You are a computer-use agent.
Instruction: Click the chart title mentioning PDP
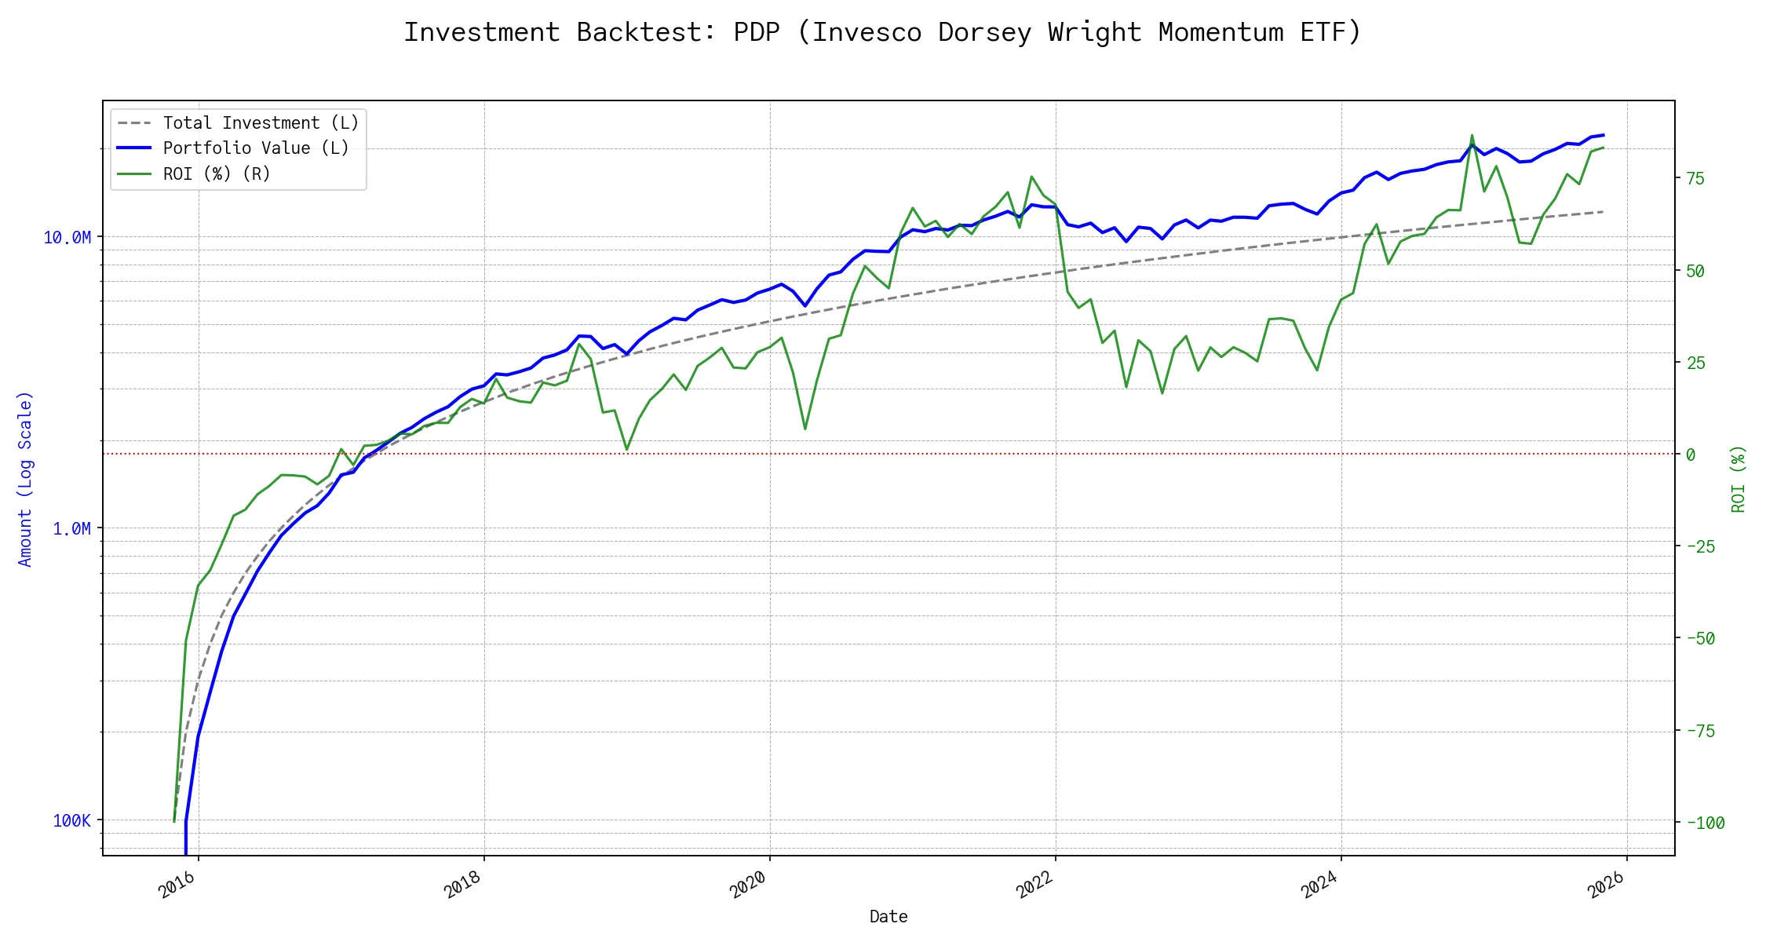[882, 32]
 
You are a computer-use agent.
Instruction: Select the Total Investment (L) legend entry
[260, 123]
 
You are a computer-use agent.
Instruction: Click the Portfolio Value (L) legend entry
[255, 148]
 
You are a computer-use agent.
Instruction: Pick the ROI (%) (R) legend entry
[216, 173]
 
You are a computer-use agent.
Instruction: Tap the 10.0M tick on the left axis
[67, 237]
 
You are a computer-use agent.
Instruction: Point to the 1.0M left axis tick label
[71, 529]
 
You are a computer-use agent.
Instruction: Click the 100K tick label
[71, 821]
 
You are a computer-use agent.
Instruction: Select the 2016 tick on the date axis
[177, 886]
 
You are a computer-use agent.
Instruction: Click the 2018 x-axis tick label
[462, 886]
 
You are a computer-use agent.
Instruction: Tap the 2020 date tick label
[748, 886]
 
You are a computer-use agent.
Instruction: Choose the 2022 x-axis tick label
[1034, 886]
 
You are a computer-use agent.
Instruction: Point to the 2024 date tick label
[1319, 886]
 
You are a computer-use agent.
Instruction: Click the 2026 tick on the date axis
[1605, 886]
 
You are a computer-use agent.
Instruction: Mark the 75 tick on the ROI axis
[1695, 178]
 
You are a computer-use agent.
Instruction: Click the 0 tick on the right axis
[1691, 455]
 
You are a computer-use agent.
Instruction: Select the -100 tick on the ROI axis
[1705, 823]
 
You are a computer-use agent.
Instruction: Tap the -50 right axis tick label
[1700, 638]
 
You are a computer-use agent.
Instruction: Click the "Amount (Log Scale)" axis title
[25, 479]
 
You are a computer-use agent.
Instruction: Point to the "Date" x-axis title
[888, 917]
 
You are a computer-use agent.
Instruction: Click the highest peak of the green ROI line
[1472, 135]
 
